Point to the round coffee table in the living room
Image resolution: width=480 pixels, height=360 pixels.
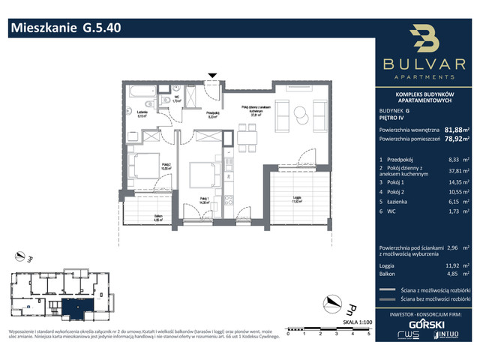(x=300, y=114)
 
